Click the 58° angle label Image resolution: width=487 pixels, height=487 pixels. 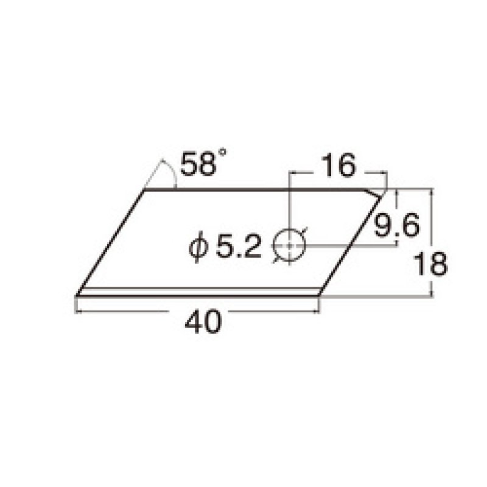pyautogui.click(x=198, y=164)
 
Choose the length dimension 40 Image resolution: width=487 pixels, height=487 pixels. pyautogui.click(x=200, y=321)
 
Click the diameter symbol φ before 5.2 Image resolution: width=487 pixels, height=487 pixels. pyautogui.click(x=198, y=247)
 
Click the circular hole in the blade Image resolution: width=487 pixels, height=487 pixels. pyautogui.click(x=290, y=245)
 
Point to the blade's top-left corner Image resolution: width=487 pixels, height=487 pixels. pyautogui.click(x=144, y=191)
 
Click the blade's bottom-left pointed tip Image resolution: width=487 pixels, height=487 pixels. pyautogui.click(x=76, y=296)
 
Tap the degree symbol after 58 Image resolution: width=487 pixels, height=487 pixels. pyautogui.click(x=222, y=156)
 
